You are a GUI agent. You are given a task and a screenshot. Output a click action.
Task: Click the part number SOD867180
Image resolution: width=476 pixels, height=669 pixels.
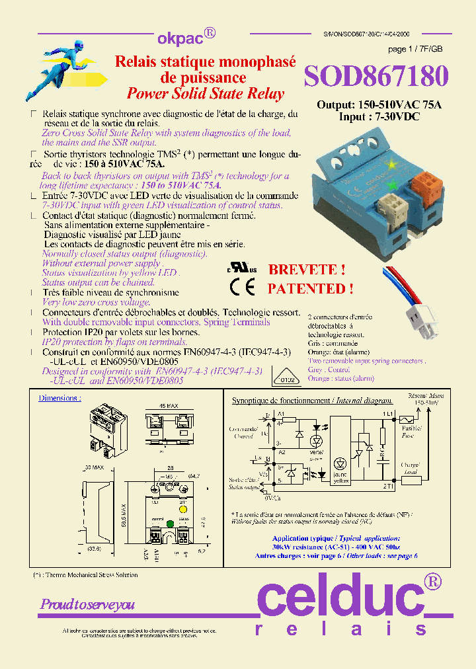[376, 77]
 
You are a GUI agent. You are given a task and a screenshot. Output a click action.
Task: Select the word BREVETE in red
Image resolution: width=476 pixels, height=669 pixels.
[305, 270]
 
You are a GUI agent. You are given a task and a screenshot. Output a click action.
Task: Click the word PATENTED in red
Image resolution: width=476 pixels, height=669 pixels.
[310, 288]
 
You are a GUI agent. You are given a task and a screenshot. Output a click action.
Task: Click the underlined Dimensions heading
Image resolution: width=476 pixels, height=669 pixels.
[59, 399]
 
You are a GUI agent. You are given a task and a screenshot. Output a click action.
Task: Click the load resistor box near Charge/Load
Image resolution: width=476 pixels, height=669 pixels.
[411, 480]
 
